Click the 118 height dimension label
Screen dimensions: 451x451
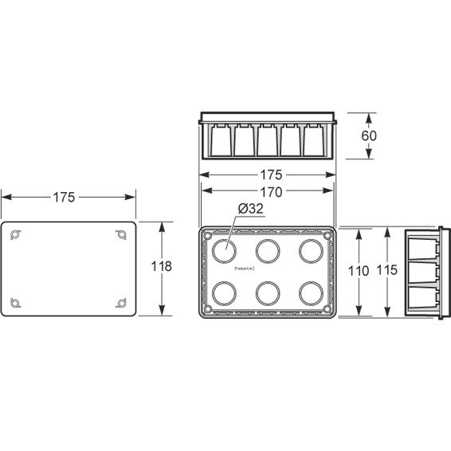(162, 266)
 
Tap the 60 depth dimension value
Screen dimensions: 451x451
(369, 135)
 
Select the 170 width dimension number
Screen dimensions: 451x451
(271, 192)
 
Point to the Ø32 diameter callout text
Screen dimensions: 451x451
(250, 209)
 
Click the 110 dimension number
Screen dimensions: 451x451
(359, 271)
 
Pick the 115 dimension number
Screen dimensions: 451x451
(387, 270)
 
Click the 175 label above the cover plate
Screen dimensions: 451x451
(64, 198)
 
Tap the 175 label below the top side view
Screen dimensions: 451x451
(271, 175)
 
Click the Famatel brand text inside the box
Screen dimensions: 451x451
(245, 269)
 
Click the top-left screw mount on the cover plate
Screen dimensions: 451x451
(15, 235)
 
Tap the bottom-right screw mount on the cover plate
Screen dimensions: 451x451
(121, 303)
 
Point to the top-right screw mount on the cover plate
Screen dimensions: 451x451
(121, 235)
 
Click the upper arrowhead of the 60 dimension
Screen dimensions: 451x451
(369, 118)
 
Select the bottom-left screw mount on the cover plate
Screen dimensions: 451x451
(15, 303)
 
